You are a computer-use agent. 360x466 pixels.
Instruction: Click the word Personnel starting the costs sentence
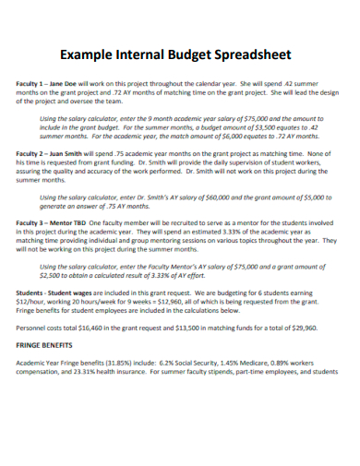(33, 327)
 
